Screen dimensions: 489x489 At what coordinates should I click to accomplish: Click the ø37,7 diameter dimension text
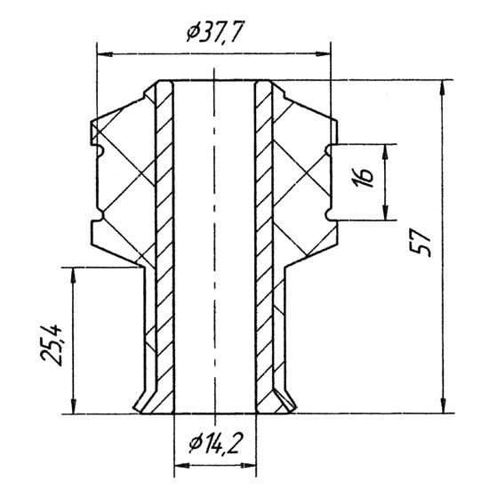(214, 31)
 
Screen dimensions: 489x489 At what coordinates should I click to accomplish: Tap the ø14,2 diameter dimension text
(215, 444)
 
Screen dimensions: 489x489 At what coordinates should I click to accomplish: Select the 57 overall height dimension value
(421, 243)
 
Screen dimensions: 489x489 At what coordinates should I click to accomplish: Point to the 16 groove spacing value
(365, 179)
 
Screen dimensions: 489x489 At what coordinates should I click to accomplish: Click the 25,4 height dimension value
(52, 345)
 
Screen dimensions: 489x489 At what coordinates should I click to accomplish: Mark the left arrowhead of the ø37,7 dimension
(105, 54)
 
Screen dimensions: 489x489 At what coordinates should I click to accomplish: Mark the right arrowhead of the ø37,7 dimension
(323, 54)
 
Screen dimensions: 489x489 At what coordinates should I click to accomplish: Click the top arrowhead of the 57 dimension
(443, 88)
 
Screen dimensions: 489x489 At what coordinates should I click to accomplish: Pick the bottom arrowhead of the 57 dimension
(443, 405)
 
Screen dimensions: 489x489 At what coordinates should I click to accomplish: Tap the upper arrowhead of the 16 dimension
(386, 152)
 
